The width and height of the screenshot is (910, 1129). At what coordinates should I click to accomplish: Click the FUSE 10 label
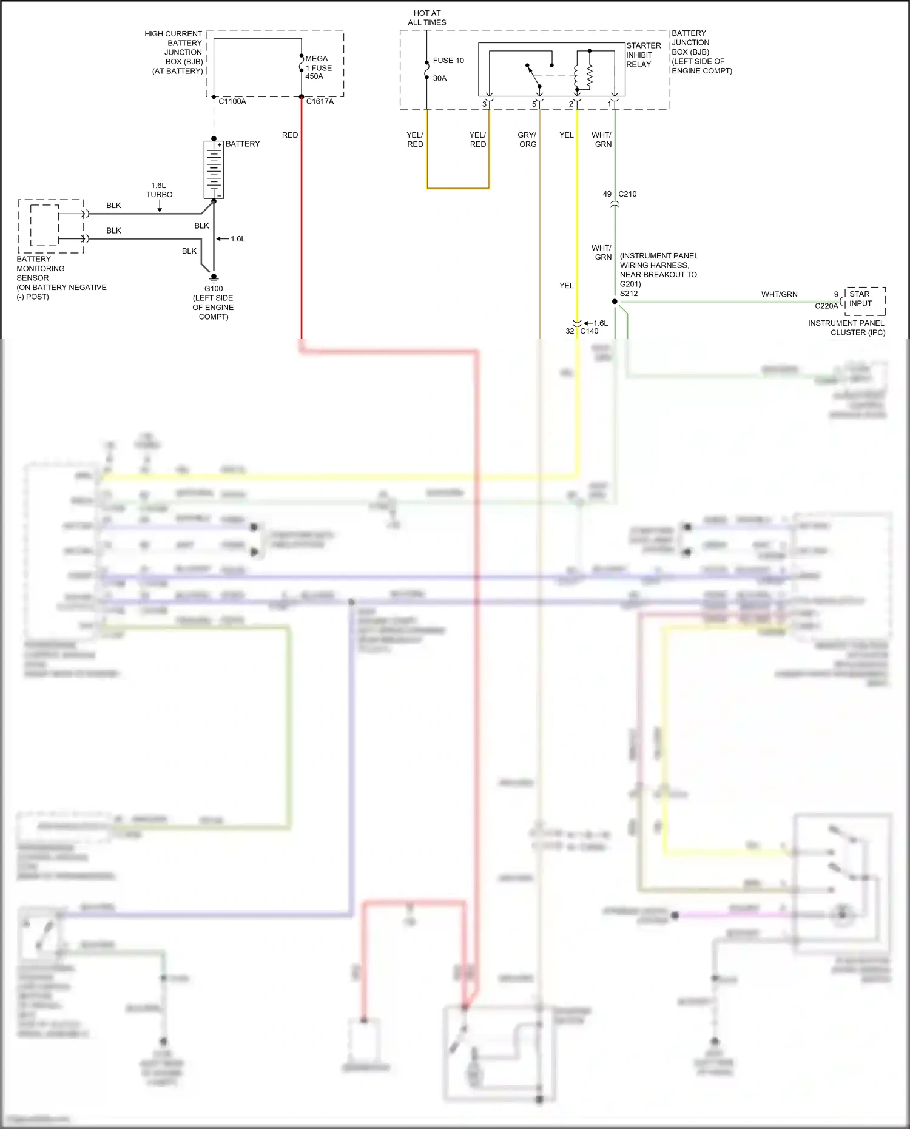click(448, 61)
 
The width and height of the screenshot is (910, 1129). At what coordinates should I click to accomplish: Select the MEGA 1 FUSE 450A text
click(318, 67)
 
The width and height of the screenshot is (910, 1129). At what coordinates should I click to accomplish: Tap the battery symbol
click(214, 169)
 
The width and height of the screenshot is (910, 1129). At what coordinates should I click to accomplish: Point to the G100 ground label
click(214, 289)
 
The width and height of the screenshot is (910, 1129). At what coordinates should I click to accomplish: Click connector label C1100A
click(232, 102)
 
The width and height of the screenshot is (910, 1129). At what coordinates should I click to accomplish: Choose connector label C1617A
click(320, 102)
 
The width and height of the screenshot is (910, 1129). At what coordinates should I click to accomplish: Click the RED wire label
click(290, 135)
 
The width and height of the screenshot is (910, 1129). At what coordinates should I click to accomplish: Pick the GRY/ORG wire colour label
click(527, 140)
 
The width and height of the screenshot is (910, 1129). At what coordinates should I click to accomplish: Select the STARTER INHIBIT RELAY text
click(643, 55)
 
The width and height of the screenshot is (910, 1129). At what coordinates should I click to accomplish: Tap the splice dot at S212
click(615, 302)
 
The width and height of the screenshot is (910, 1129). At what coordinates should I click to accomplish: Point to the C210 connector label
click(627, 194)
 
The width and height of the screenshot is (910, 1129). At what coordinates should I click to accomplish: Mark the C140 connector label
click(589, 331)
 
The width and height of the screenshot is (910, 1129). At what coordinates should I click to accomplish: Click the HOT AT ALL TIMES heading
click(427, 18)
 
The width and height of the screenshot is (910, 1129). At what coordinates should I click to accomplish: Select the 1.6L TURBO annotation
click(159, 190)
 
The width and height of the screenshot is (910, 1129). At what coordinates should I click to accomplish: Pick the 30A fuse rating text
click(440, 78)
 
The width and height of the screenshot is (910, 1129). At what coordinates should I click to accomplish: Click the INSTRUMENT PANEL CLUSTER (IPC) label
click(846, 328)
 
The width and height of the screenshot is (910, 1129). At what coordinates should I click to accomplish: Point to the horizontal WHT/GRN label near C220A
click(779, 294)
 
